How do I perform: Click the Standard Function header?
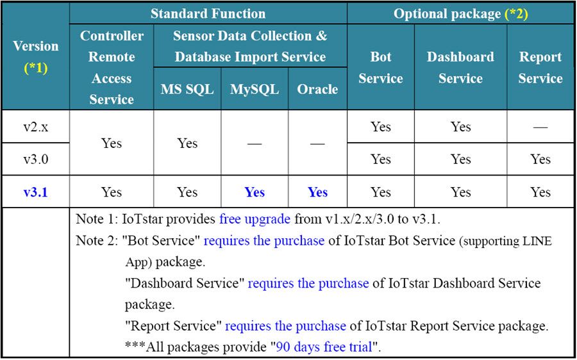(208, 14)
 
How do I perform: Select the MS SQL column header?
(187, 90)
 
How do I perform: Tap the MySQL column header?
(255, 90)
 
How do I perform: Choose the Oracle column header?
(317, 90)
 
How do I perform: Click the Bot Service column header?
(380, 68)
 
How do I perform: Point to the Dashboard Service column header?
(460, 68)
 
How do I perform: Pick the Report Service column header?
(540, 68)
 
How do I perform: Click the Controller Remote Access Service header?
(112, 68)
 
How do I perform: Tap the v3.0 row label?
(36, 160)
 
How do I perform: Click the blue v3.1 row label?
(36, 192)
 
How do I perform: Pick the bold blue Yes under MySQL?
(255, 192)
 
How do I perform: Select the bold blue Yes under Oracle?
(317, 192)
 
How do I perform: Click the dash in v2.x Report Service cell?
(540, 127)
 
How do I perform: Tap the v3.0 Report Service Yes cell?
(540, 160)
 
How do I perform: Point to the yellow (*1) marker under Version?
(36, 68)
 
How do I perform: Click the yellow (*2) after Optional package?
(516, 14)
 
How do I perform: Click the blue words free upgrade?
(255, 220)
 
